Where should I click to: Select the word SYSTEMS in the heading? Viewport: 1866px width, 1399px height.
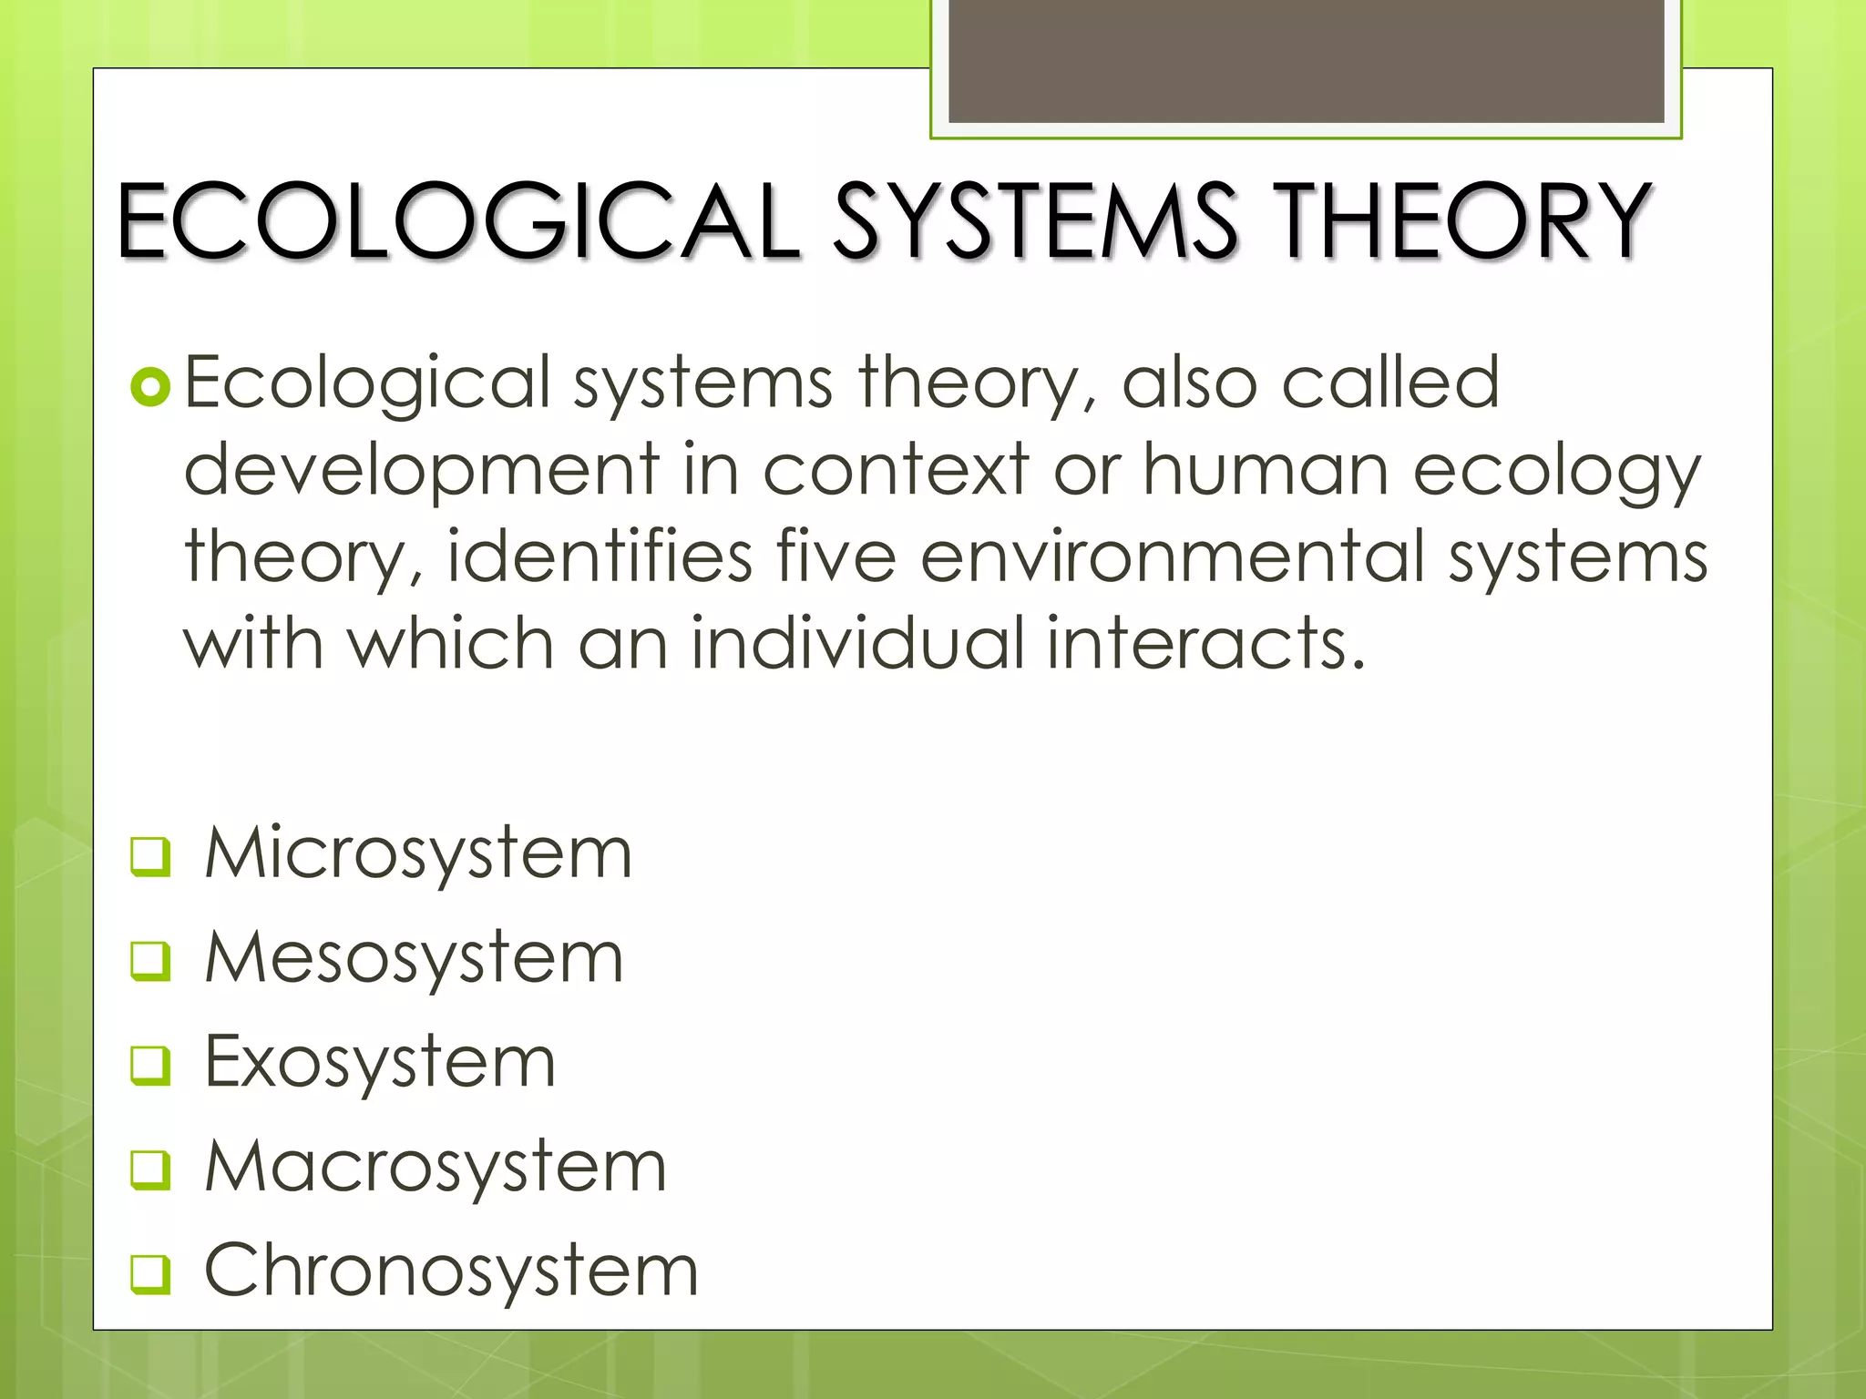(x=1034, y=220)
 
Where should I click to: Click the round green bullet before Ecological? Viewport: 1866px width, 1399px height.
(x=150, y=387)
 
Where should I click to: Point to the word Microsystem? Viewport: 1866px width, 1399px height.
(x=418, y=854)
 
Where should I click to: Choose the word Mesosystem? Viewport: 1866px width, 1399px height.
(x=415, y=958)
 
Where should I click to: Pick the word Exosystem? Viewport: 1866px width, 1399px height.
(x=380, y=1063)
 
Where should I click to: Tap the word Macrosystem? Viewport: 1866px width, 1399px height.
(x=436, y=1167)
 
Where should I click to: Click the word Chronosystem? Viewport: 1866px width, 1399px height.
(x=451, y=1271)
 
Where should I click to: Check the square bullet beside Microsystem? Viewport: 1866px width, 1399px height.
(x=150, y=857)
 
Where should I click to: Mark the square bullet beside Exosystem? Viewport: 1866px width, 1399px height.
(x=150, y=1066)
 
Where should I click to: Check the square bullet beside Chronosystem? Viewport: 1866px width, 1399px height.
(x=150, y=1274)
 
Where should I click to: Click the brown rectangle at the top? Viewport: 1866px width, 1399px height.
(x=1306, y=60)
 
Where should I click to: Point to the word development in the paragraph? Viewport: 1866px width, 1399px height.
(x=422, y=470)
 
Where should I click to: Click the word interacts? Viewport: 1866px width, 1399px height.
(x=1205, y=643)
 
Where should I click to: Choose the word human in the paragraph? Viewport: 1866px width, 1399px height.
(x=1266, y=470)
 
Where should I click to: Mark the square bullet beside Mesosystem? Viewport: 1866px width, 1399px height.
(x=150, y=961)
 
